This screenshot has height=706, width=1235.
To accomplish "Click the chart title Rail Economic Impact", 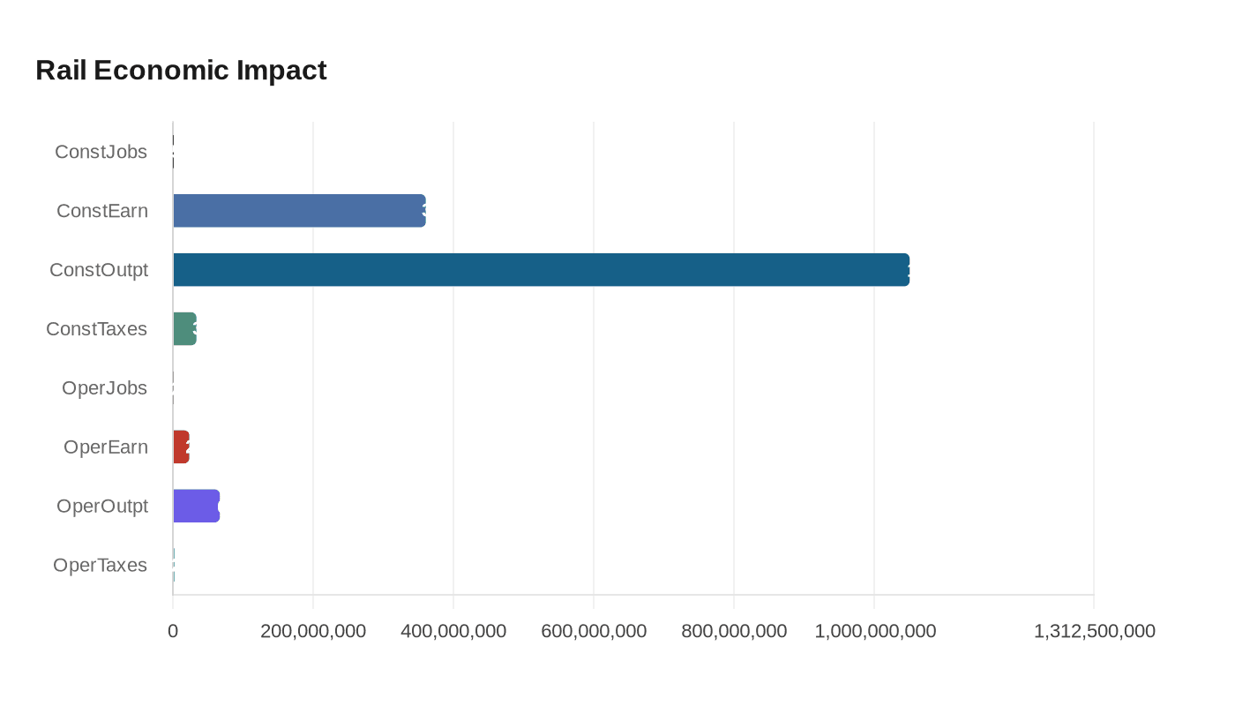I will click(x=181, y=70).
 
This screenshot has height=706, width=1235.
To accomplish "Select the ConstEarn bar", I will click(x=299, y=211).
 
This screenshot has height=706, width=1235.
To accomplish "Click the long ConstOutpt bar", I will click(x=541, y=270).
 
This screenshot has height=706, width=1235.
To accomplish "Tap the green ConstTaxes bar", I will click(x=184, y=329).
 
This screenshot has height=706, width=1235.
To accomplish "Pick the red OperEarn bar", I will click(x=181, y=447).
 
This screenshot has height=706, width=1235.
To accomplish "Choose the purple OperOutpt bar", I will click(x=196, y=506).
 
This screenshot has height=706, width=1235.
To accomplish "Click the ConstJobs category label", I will click(x=101, y=152).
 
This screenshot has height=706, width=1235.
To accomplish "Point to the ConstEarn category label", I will click(x=102, y=211).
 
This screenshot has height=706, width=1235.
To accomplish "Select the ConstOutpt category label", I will click(x=99, y=270).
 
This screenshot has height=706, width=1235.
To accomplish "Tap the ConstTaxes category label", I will click(x=97, y=329).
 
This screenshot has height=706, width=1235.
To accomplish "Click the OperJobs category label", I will click(x=104, y=388).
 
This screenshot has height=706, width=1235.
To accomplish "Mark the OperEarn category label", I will click(x=106, y=447).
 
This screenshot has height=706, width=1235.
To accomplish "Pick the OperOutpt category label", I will click(x=102, y=507).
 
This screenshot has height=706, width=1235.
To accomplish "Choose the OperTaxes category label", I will click(x=100, y=566).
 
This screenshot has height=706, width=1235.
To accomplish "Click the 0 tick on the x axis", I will click(x=173, y=631).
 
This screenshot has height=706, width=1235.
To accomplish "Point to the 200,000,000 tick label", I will click(x=313, y=631).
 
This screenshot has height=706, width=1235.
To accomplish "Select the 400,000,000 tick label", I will click(x=453, y=631).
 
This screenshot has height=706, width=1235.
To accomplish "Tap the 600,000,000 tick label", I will click(x=594, y=631).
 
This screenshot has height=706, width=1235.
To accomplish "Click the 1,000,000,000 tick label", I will click(x=875, y=631).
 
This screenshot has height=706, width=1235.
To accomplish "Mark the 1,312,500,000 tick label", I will click(x=1094, y=631).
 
